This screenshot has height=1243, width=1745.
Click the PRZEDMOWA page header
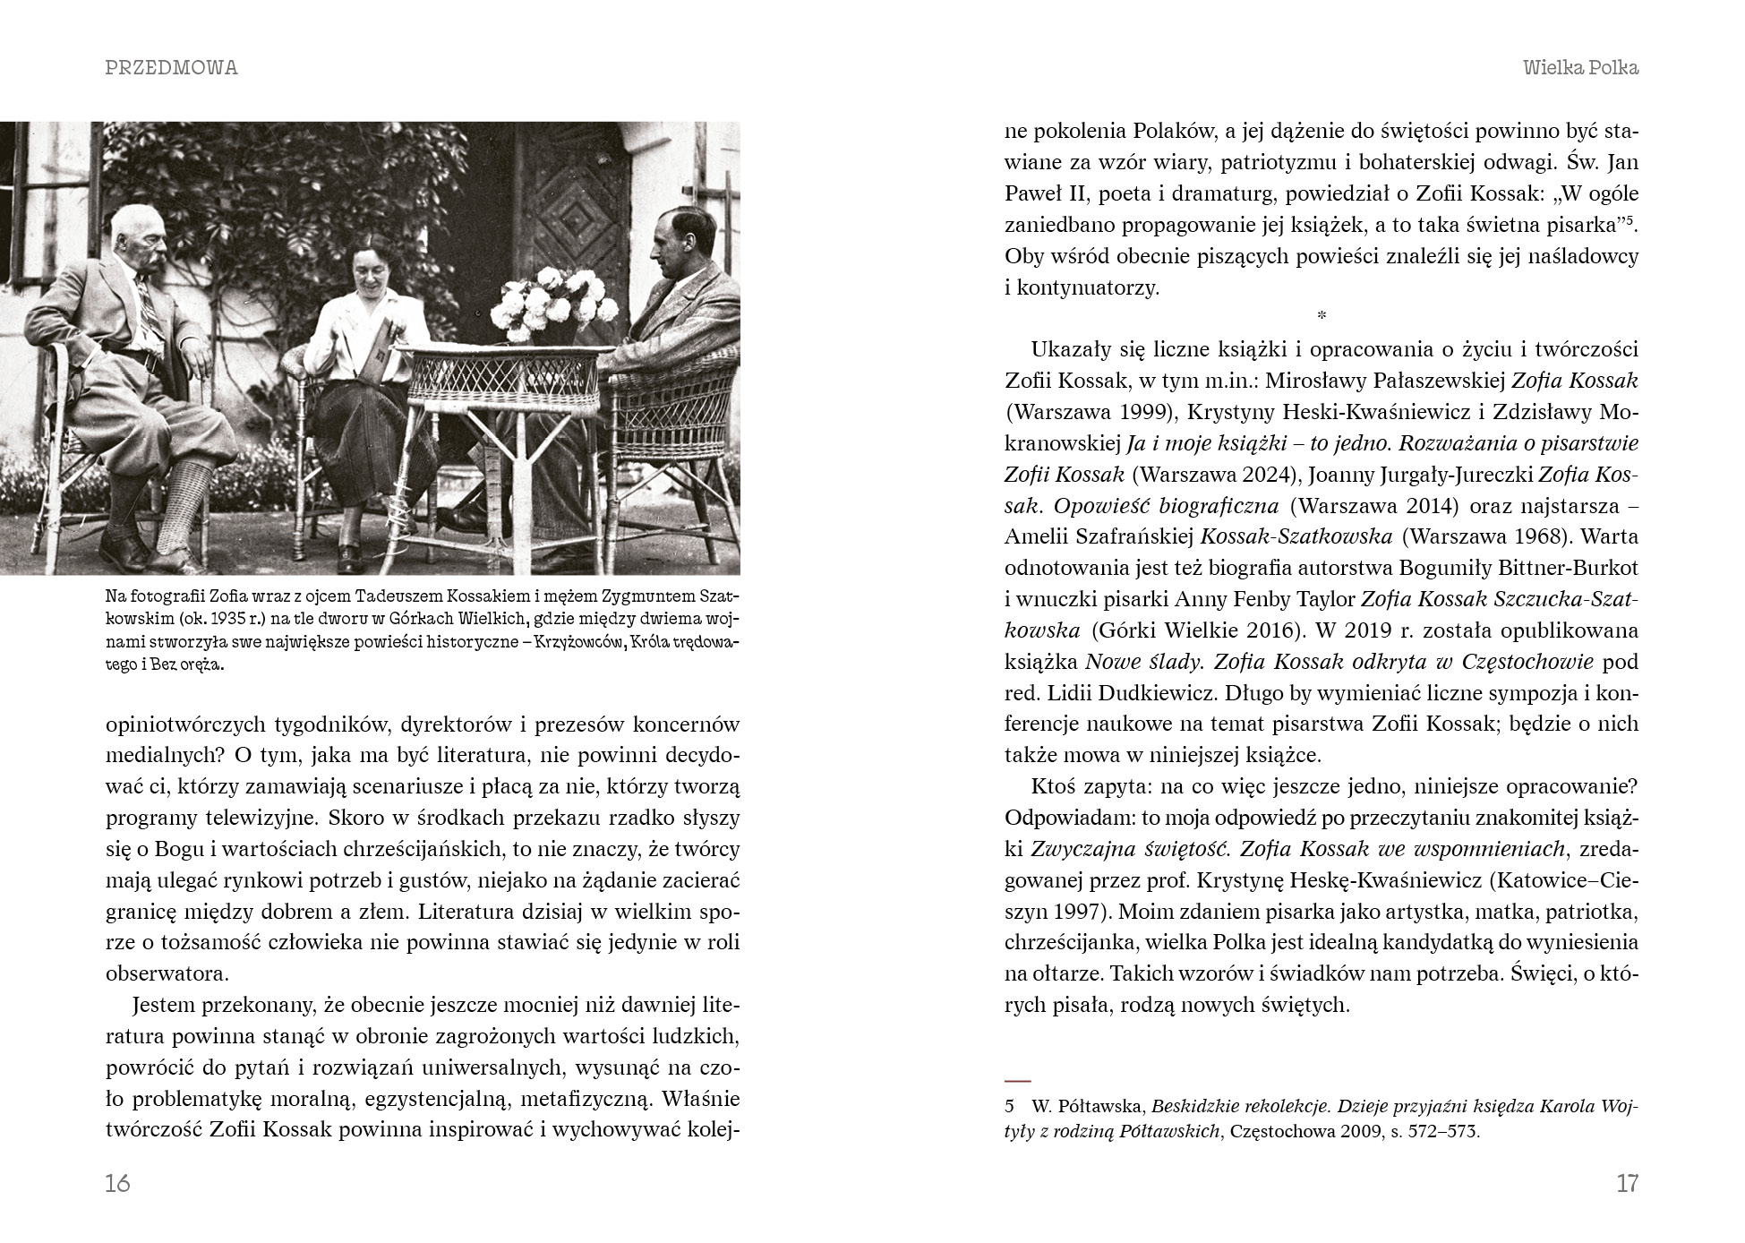coord(171,68)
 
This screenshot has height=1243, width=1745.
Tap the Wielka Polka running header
coord(1580,68)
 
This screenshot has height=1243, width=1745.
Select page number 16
coord(117,1183)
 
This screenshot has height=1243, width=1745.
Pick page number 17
coord(1627,1183)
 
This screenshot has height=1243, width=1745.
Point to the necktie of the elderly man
coord(149,304)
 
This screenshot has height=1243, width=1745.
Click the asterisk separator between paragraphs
coord(1322,315)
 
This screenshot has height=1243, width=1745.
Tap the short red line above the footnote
coord(1018,1081)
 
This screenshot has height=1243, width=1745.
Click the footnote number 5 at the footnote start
coord(1009,1106)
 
